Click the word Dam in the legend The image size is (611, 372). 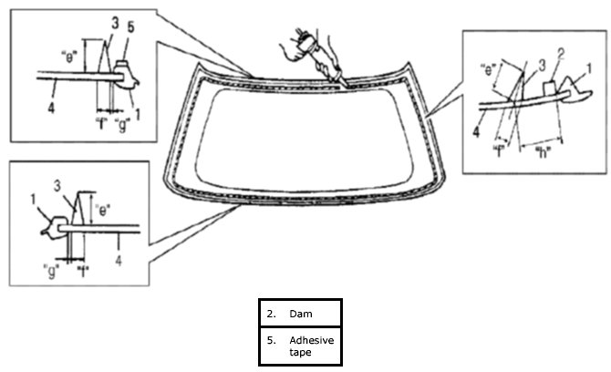(x=300, y=315)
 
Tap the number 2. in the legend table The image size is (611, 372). (x=271, y=315)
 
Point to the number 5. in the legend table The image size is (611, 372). (x=271, y=339)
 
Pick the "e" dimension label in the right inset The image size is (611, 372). (x=490, y=69)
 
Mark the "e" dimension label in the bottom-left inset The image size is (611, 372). (x=105, y=208)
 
